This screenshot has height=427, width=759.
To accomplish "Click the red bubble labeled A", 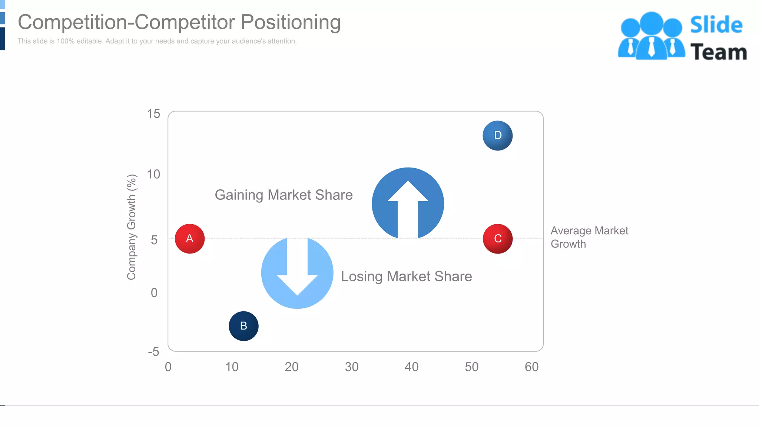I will point(190,239).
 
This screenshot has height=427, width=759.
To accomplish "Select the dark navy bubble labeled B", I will point(243,326).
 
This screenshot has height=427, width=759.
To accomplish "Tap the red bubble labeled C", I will point(498,239).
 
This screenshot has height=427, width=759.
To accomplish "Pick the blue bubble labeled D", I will point(498,136).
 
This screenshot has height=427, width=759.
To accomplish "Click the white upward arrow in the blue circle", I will point(408,208).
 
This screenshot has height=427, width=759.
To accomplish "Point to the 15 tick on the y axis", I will point(153,114).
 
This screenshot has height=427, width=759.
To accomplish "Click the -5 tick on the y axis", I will point(153,352).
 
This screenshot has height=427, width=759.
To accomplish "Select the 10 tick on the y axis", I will point(153,174).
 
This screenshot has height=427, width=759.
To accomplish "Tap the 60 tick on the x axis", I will point(531,367).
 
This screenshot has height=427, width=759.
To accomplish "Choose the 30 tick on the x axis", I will point(351,367).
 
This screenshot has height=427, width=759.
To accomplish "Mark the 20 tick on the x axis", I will point(292,367).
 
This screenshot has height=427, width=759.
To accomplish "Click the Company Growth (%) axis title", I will point(132,227).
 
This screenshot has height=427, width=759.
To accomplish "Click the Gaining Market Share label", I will point(284,195).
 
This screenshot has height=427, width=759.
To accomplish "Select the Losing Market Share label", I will point(406,277).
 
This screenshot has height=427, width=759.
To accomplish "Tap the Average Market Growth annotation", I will point(589,237).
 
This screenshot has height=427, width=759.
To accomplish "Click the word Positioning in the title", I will point(291,22).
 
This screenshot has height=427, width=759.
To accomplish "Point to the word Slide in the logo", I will point(716,25).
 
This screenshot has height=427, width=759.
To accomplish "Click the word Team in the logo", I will point(718,52).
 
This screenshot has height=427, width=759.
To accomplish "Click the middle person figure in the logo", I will point(651,37).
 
